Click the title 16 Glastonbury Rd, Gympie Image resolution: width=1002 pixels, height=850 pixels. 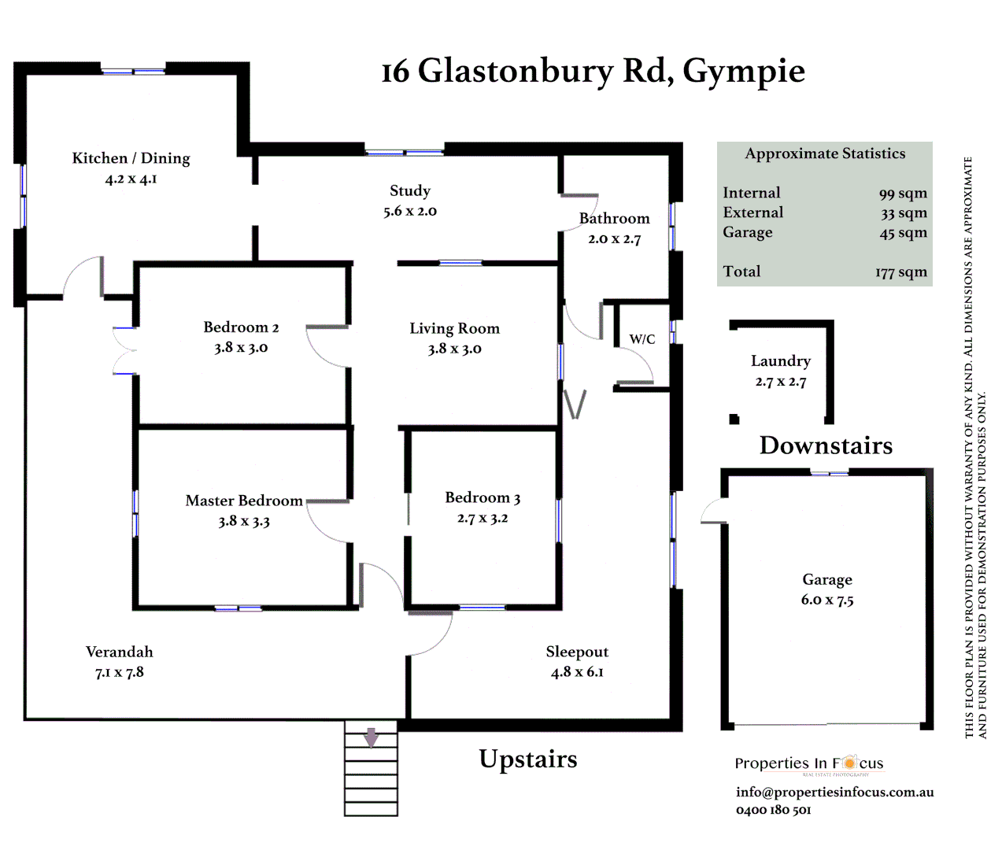[x=593, y=71]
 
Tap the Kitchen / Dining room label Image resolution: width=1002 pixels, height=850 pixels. [x=131, y=158]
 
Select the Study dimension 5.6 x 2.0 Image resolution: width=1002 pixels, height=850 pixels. [x=410, y=211]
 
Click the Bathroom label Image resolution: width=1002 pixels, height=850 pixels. [x=614, y=218]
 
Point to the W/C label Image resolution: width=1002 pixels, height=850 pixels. [x=642, y=339]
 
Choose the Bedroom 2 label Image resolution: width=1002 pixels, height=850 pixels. [x=241, y=327]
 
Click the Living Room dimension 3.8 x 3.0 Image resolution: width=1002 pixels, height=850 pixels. [x=454, y=349]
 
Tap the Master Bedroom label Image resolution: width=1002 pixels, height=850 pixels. [x=244, y=501]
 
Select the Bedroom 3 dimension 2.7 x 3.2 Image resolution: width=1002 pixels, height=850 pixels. [x=483, y=518]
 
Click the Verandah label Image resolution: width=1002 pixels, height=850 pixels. [x=120, y=652]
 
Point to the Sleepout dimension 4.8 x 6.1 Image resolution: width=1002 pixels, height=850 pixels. [x=577, y=672]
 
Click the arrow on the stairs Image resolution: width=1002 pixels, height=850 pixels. [x=371, y=737]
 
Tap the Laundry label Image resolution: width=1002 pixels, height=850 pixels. [x=780, y=361]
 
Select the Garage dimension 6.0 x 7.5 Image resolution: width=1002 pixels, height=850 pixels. [x=827, y=600]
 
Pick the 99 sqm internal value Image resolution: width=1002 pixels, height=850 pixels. [x=903, y=194]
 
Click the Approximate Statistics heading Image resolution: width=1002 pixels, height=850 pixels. [x=825, y=153]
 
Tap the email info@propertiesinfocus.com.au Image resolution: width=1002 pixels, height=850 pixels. [x=834, y=792]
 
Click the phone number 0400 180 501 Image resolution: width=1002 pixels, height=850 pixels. [x=773, y=810]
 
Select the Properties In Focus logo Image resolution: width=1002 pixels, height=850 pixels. [x=808, y=763]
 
